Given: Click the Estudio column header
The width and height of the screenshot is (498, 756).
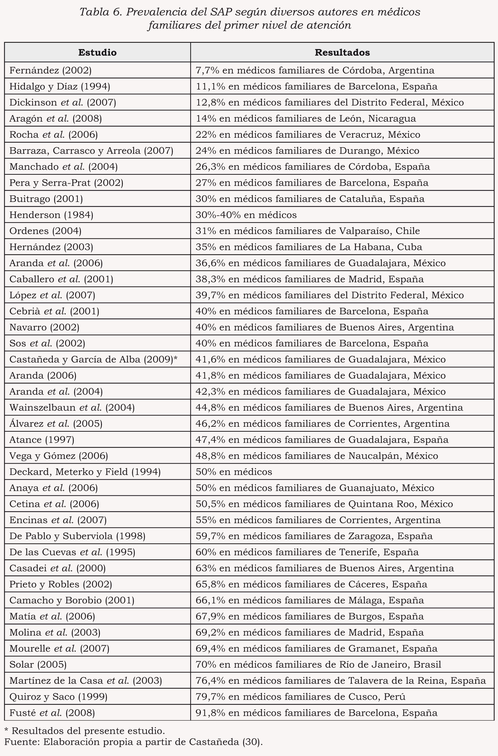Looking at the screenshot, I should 97,52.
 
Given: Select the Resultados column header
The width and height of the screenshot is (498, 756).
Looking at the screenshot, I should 342,52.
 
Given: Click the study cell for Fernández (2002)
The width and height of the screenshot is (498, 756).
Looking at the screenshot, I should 50,70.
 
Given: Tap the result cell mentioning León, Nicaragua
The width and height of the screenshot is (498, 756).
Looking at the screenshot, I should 305,118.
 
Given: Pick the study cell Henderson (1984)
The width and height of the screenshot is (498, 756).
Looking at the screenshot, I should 51,215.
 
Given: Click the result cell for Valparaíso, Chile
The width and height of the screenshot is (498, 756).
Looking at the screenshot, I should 307,231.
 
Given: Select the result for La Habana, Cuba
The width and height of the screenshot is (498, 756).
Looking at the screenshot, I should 309,247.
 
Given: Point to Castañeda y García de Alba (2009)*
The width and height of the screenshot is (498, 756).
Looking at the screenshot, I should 94,359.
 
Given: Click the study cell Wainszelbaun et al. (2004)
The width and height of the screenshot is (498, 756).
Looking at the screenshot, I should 72,408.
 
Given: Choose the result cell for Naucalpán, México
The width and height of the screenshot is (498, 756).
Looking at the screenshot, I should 317,456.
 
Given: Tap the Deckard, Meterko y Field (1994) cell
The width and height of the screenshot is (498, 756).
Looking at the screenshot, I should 85,472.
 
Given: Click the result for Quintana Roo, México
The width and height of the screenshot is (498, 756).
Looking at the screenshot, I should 324,504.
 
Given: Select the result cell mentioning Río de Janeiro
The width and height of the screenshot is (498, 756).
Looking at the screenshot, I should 318,664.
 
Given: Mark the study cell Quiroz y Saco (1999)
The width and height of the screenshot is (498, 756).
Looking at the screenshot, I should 58,697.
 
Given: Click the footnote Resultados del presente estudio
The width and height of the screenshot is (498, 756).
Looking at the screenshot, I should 88,730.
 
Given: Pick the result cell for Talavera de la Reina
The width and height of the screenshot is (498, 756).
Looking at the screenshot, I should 341,681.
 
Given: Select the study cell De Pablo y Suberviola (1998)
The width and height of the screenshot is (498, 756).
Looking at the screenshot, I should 77,536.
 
